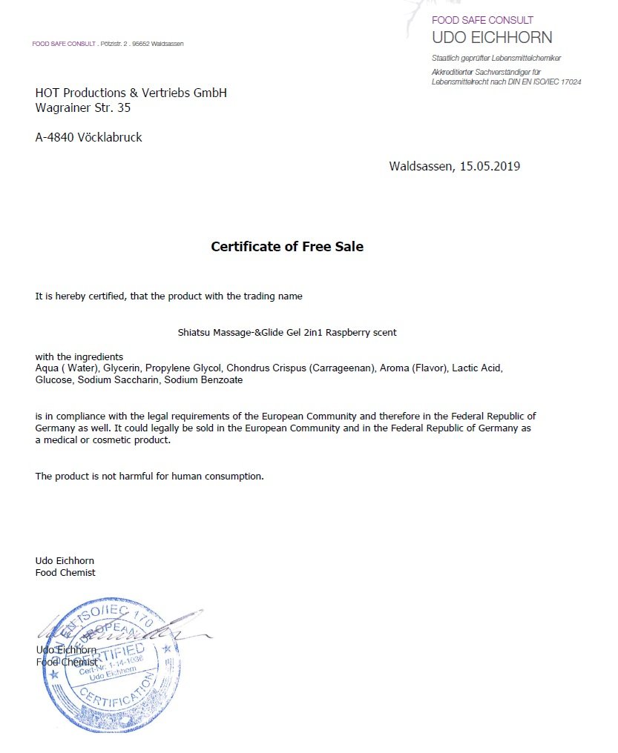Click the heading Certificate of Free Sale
pos(287,247)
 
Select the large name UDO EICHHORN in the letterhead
pos(492,37)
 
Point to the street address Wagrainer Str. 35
pos(83,107)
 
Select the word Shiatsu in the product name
pos(194,333)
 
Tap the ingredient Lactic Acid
pos(477,368)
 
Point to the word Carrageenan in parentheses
pos(345,368)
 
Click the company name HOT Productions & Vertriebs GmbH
pos(131,93)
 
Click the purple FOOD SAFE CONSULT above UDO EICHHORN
pos(482,20)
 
